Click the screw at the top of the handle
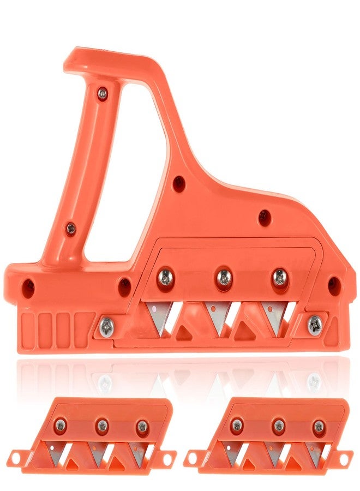click(103, 94)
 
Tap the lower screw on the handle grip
click(71, 229)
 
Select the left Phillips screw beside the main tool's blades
click(106, 326)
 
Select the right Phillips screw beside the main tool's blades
click(315, 326)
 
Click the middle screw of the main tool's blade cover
click(223, 278)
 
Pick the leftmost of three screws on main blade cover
click(166, 278)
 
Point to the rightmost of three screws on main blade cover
click(280, 277)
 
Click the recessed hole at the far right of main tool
click(333, 285)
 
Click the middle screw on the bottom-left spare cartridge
click(101, 426)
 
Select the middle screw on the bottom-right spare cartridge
click(279, 426)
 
